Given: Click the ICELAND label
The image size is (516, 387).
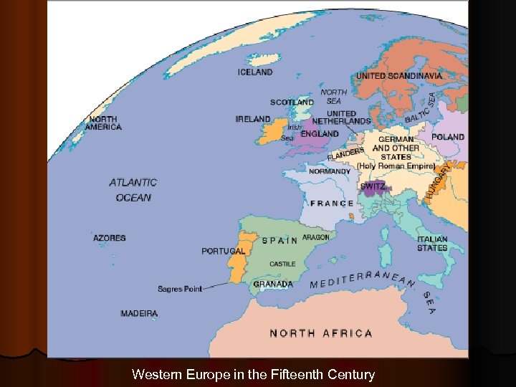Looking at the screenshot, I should pos(255,72).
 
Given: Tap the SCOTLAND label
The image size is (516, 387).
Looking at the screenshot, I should pos(292,102).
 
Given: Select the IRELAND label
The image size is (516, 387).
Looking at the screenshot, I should pos(253,119).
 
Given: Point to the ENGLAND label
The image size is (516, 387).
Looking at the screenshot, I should pos(320,134).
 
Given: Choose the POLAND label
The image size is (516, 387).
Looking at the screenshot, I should pos(448,136).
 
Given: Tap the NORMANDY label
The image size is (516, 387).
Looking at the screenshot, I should pos(330,171).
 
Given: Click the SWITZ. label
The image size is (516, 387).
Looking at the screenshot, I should pos(373,186).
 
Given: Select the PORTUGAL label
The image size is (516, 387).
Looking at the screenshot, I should pos(224,252).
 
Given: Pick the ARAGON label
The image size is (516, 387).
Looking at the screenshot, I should pos(316,237).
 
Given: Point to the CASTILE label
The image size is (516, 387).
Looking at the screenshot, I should pos(282,264).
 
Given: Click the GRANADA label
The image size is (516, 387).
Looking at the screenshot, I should pos(273,284).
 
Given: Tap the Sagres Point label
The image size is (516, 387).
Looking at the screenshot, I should pos(180,289).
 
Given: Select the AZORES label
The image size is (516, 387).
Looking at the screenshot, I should pos(109,238).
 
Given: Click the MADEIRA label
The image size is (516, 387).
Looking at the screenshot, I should pos(139,314).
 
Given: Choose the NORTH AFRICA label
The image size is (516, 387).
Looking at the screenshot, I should pos(320,333).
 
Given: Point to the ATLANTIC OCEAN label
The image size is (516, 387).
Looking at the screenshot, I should pos(133,190).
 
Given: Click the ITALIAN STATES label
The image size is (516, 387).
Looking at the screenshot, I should pos(432,244).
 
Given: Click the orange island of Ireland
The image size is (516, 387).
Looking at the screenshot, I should pos(272,131).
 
